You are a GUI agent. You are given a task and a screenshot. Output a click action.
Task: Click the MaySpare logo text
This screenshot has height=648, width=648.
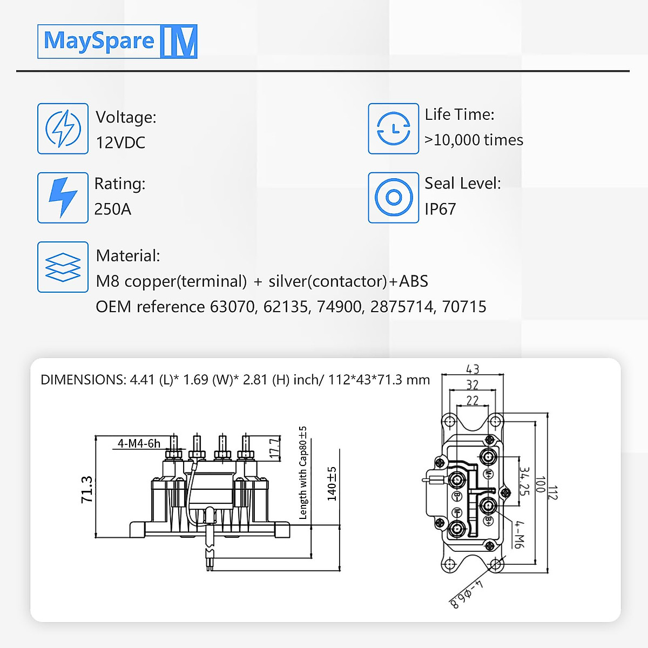pyautogui.click(x=99, y=41)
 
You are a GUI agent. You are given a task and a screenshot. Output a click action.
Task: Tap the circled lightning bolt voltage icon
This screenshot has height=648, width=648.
pyautogui.click(x=63, y=129)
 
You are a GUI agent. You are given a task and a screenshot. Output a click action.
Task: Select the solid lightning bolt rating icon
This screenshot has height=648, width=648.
pyautogui.click(x=63, y=198)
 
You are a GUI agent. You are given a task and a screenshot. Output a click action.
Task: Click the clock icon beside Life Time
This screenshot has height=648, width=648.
pyautogui.click(x=393, y=129)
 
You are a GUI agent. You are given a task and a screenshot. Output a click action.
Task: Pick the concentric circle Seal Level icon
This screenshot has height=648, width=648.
pyautogui.click(x=393, y=198)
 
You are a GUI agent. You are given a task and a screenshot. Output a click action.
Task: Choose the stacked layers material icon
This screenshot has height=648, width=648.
pyautogui.click(x=63, y=267)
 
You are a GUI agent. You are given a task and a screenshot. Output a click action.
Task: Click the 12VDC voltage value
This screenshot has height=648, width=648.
pyautogui.click(x=120, y=143)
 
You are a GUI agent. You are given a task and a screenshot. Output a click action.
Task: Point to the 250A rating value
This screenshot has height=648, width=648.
pyautogui.click(x=112, y=209)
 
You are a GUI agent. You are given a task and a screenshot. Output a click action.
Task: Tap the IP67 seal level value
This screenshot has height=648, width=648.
pyautogui.click(x=440, y=209)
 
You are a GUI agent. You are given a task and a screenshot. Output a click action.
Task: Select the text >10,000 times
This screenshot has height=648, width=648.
pyautogui.click(x=474, y=140)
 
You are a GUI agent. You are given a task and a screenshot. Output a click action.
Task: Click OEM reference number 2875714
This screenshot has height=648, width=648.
pyautogui.click(x=402, y=307)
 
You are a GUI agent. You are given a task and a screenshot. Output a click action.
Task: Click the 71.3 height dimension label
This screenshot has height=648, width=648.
pyautogui.click(x=86, y=489)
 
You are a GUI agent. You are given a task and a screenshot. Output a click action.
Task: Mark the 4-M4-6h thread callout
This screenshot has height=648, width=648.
pyautogui.click(x=139, y=443)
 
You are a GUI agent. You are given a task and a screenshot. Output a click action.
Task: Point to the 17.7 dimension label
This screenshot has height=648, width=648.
pyautogui.click(x=275, y=448)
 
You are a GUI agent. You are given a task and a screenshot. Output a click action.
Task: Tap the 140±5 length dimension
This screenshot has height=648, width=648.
pyautogui.click(x=332, y=484)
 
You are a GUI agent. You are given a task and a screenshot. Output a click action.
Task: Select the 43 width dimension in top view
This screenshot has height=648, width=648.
pyautogui.click(x=473, y=369)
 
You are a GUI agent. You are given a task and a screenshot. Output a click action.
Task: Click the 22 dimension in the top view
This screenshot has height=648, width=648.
pyautogui.click(x=473, y=400)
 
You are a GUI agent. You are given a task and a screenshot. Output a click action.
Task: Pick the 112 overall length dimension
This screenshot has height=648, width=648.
pyautogui.click(x=552, y=492)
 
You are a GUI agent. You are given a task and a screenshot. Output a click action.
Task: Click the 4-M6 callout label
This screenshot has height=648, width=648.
pyautogui.click(x=518, y=534)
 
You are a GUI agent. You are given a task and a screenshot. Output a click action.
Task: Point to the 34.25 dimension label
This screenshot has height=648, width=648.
pyautogui.click(x=524, y=481)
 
